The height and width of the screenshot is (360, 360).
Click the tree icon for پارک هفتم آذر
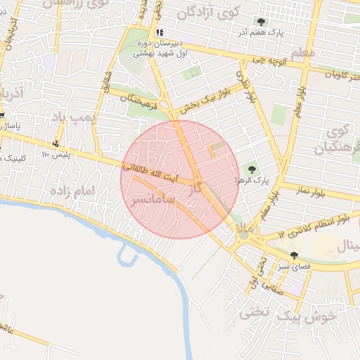[x=262, y=22]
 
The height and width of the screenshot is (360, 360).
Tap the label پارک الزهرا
[x=233, y=181]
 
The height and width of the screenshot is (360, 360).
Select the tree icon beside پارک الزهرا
[x=252, y=169]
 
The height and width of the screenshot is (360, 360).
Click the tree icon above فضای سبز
[x=293, y=255]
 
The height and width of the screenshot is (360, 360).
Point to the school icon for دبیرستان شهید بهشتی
[x=160, y=32]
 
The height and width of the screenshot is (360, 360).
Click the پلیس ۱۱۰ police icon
[x=55, y=143]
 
